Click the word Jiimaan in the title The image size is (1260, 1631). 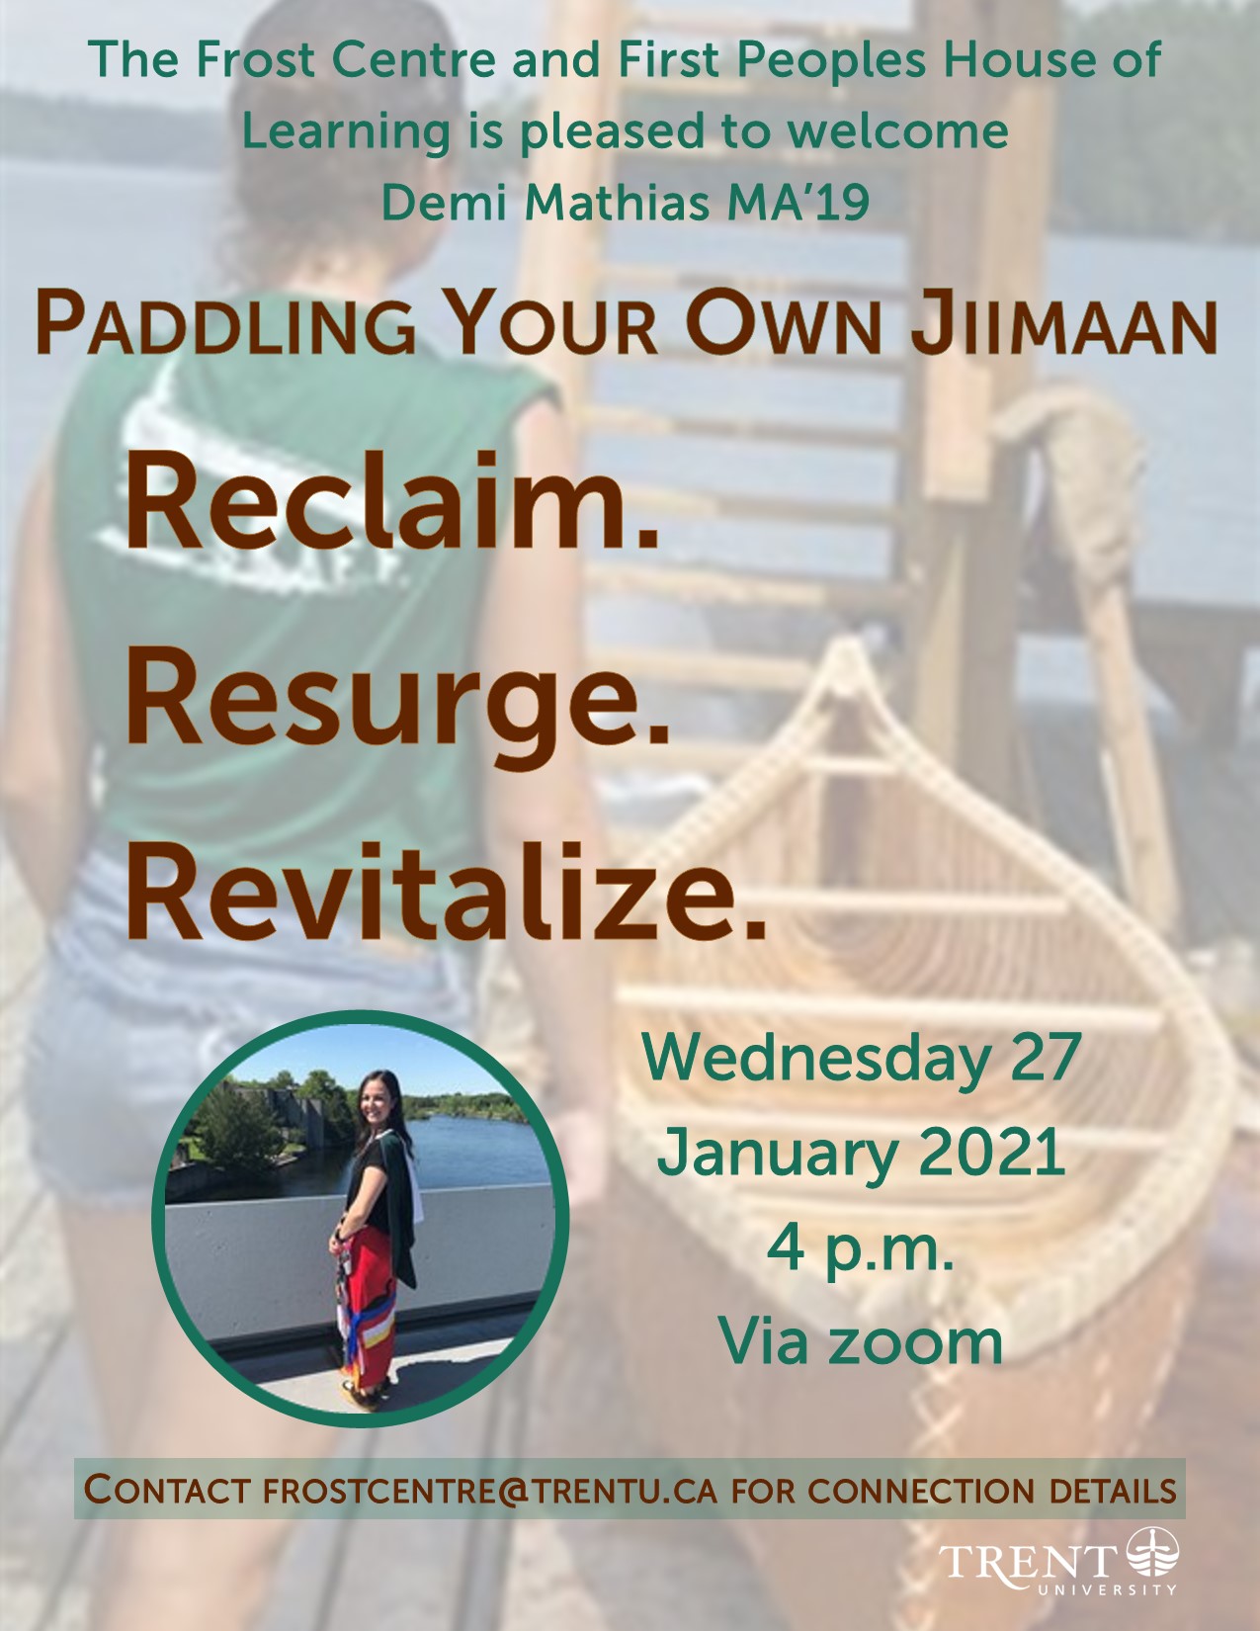pyautogui.click(x=1064, y=325)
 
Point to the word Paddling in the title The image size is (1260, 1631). pyautogui.click(x=225, y=325)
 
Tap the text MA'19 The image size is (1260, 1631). pyautogui.click(x=798, y=202)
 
